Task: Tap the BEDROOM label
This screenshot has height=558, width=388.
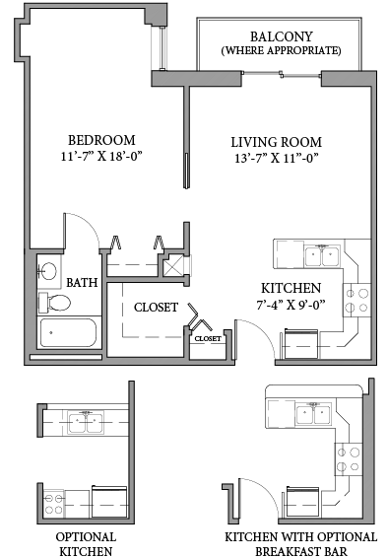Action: [x=101, y=140]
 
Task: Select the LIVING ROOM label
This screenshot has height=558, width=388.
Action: [x=276, y=142]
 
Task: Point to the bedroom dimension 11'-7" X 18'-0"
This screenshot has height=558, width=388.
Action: [x=101, y=157]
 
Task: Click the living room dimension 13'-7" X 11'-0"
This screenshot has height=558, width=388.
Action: [x=276, y=159]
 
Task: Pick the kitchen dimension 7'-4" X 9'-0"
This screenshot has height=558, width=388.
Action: [x=292, y=307]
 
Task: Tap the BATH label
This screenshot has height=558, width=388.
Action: [x=83, y=283]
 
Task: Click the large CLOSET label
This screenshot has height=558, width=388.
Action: [x=156, y=308]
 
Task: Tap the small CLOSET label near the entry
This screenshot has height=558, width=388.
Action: [x=207, y=338]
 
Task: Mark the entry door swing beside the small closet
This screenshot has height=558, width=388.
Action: [x=253, y=340]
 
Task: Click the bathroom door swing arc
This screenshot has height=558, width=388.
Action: [x=85, y=231]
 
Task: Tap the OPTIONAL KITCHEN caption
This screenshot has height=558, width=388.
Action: [x=85, y=543]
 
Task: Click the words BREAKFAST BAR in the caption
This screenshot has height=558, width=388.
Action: [x=300, y=550]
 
